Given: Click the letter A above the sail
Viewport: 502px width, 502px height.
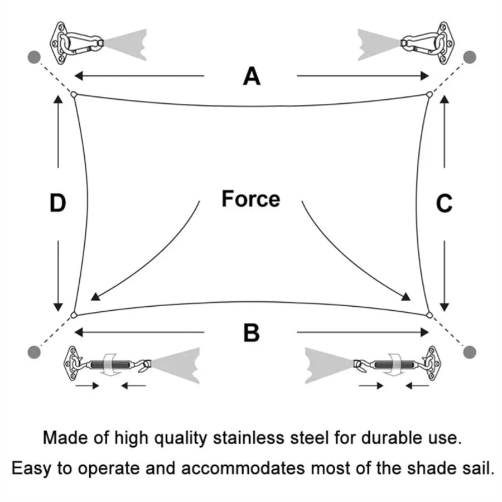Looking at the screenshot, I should pos(252,76).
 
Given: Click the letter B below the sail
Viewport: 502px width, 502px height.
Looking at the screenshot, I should pos(252,333).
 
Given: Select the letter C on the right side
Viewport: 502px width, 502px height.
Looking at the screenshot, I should pos(443,204).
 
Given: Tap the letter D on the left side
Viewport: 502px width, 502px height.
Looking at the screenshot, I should pos(57,203).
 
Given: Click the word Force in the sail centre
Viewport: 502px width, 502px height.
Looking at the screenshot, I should pos(250,199).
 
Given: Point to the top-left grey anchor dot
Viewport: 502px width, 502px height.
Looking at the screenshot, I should pos(35,57).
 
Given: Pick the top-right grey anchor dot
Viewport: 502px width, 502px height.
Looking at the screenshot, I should pos(470,57).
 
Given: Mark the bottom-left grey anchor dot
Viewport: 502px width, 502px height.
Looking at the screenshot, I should pos(35,351).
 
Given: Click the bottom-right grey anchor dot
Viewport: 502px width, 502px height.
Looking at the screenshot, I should pos(470,351).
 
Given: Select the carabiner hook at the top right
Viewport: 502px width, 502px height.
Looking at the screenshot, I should pos(423,42).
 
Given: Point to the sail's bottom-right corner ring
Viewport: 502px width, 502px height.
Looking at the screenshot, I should pos(429,315).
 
